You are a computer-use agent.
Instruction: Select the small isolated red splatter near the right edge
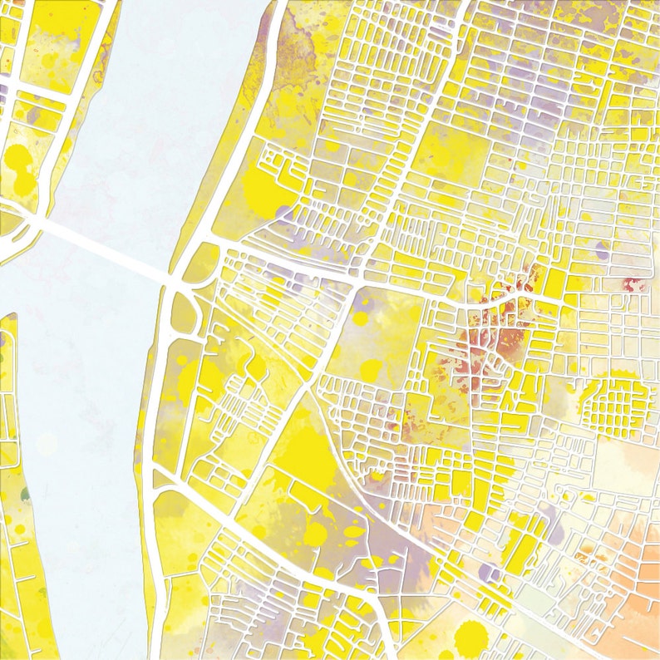pos(635,284)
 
